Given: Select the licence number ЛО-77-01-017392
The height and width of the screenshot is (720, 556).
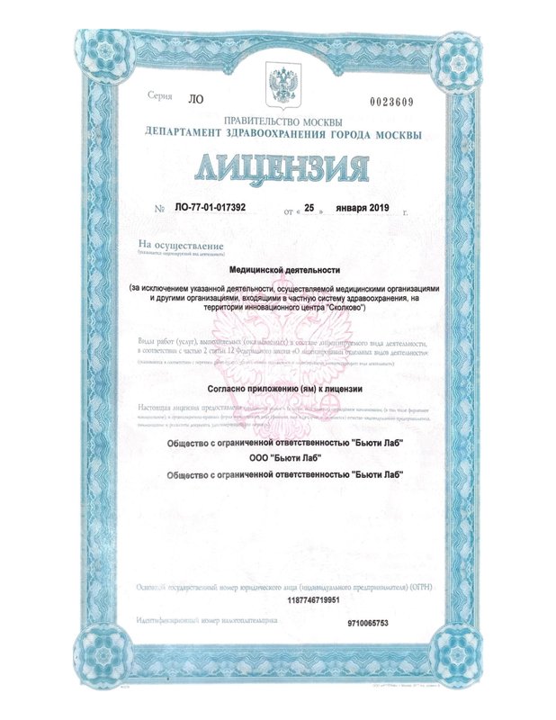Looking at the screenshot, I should (209, 208).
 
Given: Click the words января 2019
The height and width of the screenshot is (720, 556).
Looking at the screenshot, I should (364, 208).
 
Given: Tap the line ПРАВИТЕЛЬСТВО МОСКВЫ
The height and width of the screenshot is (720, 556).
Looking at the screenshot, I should (282, 121).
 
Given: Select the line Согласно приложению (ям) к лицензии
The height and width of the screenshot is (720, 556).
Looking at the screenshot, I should (282, 388).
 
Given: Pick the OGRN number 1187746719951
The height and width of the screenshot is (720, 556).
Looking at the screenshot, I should (282, 599).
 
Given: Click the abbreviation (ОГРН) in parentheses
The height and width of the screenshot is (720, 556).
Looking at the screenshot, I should (418, 586).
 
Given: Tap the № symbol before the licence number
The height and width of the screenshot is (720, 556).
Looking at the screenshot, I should (159, 209).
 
